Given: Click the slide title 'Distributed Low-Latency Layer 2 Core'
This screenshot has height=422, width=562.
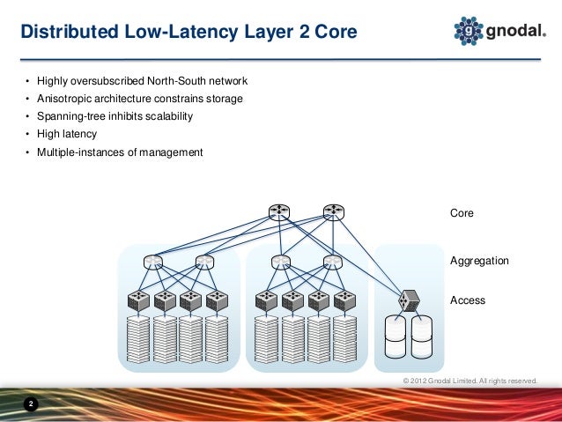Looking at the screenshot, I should coord(189,33).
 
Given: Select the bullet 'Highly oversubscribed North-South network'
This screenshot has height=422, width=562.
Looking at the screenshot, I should coord(142,81).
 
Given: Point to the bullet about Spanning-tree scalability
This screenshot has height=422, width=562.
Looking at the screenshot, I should coord(114,116).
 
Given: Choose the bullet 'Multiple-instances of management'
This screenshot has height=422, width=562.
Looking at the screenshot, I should coord(119,152).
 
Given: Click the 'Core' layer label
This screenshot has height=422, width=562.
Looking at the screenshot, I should coord(462,213).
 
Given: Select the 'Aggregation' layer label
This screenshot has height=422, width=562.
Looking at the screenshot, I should coord(479,262).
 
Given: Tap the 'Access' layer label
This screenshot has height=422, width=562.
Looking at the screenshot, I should coord(467,300).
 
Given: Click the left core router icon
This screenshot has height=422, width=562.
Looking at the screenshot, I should coord(279,211).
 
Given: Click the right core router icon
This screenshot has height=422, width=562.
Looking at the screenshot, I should coord(332,211).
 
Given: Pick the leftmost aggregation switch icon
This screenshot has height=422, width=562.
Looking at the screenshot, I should coord(153,261).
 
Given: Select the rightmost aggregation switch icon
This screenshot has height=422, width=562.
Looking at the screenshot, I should coord(331,261).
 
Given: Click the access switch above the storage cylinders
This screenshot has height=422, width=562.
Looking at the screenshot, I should coord(408,300).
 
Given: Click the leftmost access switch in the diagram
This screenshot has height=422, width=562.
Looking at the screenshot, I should coord(139,300).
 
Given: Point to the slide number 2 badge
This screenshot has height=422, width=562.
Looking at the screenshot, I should coord(31,404).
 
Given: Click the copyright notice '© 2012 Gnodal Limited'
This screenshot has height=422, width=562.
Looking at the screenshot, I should coord(469,381).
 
